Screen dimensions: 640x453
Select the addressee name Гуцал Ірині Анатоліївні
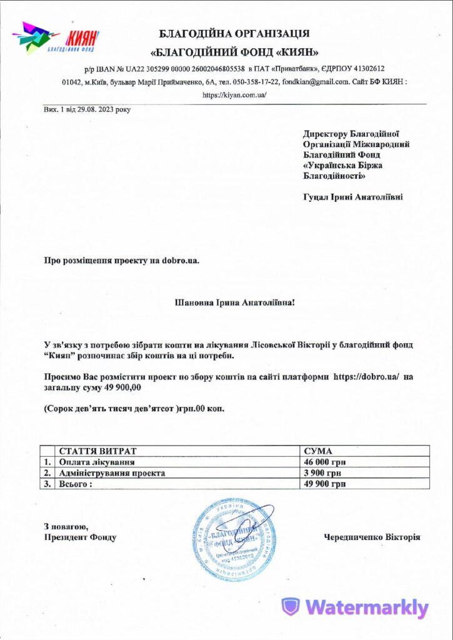[x=352, y=197]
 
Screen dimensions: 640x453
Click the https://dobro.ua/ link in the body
[x=371, y=377]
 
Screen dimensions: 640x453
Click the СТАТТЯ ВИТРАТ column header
[x=97, y=451]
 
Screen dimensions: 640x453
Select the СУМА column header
[x=318, y=451]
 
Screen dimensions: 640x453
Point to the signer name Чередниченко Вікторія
[x=372, y=537]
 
